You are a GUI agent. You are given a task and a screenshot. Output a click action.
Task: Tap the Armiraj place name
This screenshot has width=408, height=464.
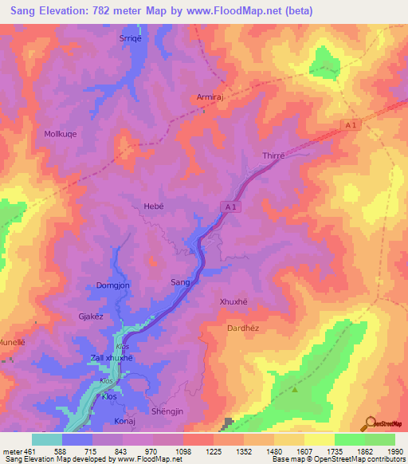211,98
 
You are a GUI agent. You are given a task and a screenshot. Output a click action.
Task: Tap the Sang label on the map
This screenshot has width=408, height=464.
180,282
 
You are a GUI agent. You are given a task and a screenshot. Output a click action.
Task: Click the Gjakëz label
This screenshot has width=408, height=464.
90,316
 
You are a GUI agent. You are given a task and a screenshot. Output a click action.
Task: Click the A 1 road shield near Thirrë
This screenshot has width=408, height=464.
350,124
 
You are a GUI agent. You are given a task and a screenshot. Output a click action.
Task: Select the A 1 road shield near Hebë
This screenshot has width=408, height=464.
229,207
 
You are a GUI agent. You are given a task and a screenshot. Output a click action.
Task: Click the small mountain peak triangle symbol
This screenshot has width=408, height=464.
295,389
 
